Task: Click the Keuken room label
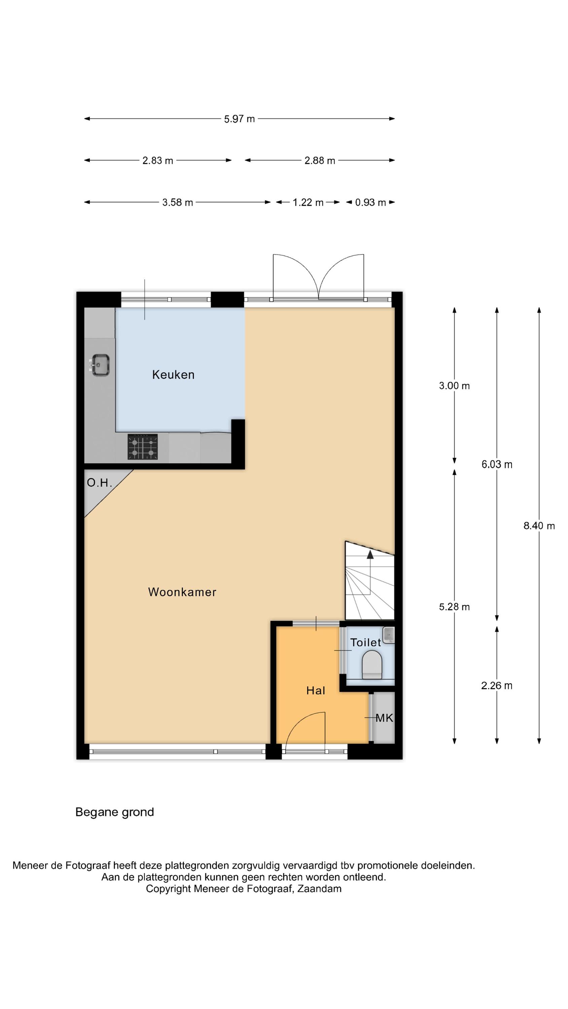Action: [173, 375]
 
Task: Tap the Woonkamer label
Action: [182, 592]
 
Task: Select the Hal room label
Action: [316, 690]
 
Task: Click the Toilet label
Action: [365, 642]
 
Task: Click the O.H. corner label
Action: [100, 483]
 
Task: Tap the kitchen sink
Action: [100, 365]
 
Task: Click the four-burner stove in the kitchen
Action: [142, 447]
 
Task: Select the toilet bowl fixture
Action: [371, 665]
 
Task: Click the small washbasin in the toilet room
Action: [388, 635]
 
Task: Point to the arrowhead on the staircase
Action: [370, 554]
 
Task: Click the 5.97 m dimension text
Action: [239, 119]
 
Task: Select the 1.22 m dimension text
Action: [308, 202]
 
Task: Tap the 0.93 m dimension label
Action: [370, 202]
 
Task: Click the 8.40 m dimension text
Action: [539, 526]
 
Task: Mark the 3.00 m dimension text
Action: [454, 386]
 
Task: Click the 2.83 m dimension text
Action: [157, 160]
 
